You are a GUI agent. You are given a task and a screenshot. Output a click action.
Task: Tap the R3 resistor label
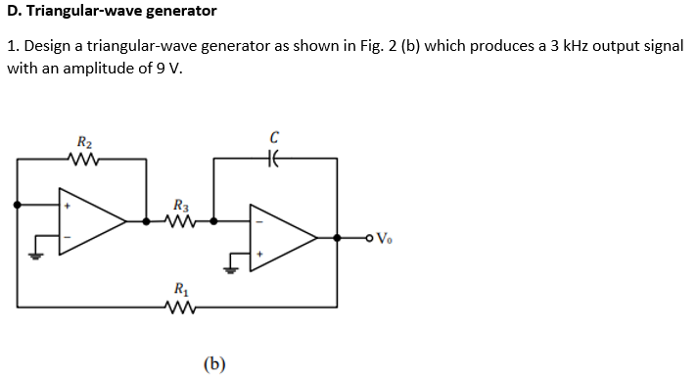(x=180, y=206)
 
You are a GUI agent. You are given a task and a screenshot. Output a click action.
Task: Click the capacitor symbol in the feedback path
(x=275, y=159)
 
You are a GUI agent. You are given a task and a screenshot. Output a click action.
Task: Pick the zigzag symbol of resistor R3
(x=181, y=221)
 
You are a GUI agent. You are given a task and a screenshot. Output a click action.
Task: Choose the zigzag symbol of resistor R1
(x=181, y=305)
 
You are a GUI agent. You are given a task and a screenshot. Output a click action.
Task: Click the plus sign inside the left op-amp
(x=68, y=207)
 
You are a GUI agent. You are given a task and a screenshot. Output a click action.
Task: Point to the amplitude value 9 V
(x=167, y=70)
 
